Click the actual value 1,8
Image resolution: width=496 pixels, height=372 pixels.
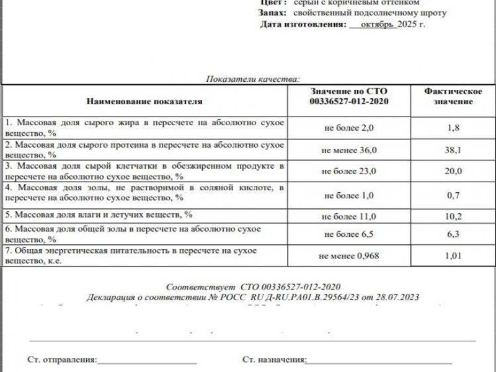(x=453, y=128)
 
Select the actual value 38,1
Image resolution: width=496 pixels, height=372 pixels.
(x=453, y=149)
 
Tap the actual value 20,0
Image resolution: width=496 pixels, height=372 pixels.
(x=453, y=171)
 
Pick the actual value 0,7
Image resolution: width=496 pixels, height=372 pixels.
(x=453, y=195)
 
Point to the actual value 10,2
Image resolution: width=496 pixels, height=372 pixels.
(x=453, y=216)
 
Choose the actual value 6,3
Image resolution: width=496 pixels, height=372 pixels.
(x=453, y=234)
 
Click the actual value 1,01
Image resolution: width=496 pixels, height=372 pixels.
(x=453, y=255)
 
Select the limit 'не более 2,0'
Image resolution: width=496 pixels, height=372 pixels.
(x=349, y=128)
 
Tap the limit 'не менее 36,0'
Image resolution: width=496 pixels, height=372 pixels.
(x=349, y=150)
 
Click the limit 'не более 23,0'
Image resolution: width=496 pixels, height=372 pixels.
(x=349, y=172)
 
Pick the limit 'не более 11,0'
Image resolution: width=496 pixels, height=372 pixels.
(x=349, y=216)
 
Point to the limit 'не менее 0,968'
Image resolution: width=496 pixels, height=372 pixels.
(x=349, y=255)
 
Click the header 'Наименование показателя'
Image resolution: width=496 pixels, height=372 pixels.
(x=144, y=100)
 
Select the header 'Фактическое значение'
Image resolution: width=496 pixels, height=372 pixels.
(x=453, y=96)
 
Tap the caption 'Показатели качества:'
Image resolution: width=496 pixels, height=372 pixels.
(x=252, y=79)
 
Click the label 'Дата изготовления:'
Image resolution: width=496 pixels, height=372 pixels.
(x=302, y=24)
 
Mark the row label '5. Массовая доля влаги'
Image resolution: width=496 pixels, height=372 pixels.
(x=97, y=215)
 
